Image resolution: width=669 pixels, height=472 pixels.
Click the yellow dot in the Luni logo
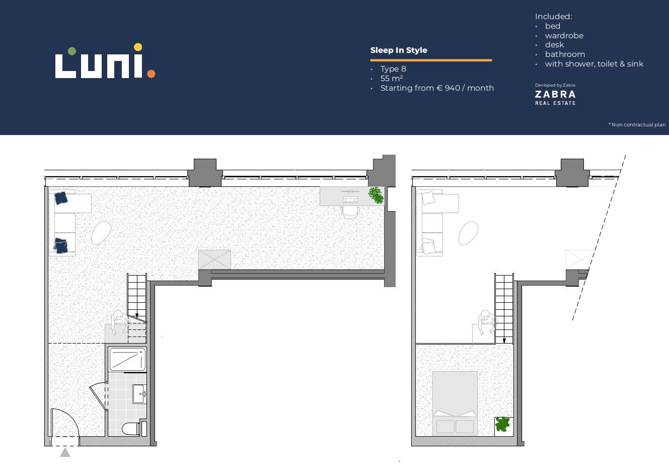[138, 47]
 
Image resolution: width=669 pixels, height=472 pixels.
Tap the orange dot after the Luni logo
[151, 74]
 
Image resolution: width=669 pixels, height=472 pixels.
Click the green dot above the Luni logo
[71, 51]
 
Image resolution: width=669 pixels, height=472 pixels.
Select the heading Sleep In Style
[399, 50]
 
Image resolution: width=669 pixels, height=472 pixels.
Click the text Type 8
[393, 69]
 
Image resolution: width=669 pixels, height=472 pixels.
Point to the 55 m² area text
[392, 79]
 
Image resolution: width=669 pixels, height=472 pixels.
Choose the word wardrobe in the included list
[564, 36]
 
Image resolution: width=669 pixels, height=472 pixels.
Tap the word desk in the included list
[554, 45]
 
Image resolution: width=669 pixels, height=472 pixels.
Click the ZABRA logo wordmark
[555, 95]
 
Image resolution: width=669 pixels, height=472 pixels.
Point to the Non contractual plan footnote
[637, 124]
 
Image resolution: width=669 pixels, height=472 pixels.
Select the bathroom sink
[139, 394]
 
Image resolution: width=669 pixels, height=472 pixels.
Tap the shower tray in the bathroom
[127, 359]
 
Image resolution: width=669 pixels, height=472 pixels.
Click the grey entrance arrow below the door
[65, 452]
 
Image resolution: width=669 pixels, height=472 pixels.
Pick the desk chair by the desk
[350, 212]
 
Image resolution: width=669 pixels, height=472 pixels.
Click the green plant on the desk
[376, 195]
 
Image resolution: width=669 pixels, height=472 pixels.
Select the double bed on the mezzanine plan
[455, 403]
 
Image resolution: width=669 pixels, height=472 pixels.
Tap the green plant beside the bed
[502, 424]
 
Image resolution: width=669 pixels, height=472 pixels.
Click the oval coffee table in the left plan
[101, 233]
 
